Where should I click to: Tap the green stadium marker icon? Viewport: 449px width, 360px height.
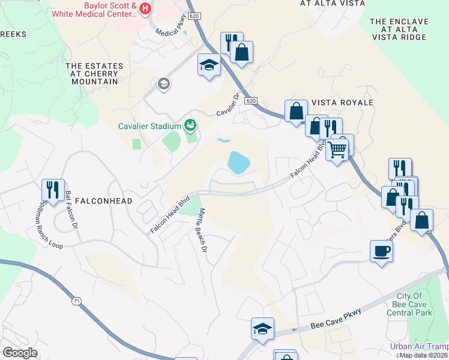click(x=191, y=125)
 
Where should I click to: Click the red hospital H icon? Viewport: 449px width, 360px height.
click(x=144, y=8)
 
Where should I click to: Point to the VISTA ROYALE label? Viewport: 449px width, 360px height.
click(x=342, y=103)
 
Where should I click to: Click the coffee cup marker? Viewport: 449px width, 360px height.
click(x=381, y=251)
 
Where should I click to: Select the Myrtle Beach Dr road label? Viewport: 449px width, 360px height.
click(x=203, y=230)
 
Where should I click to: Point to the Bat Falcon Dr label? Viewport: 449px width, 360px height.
click(x=71, y=211)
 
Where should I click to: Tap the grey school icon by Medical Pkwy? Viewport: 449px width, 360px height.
click(x=163, y=85)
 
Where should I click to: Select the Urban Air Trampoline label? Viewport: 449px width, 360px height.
click(x=418, y=346)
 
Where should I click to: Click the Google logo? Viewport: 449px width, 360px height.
click(x=20, y=352)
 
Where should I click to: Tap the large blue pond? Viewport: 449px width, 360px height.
click(x=238, y=162)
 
